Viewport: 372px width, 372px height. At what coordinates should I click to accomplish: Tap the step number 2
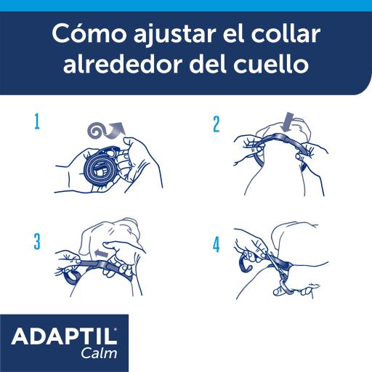216,124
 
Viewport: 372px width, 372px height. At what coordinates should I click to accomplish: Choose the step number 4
216,245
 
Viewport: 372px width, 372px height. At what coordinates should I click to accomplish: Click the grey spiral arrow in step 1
102,129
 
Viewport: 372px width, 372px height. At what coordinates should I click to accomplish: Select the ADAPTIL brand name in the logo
63,337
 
